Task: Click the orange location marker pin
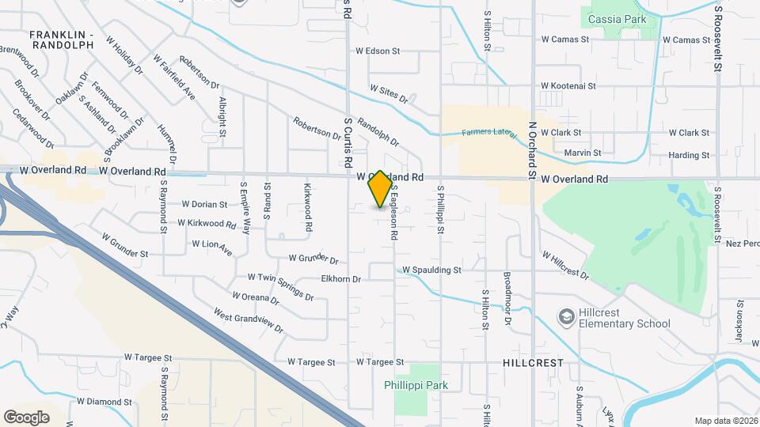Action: click(x=380, y=189)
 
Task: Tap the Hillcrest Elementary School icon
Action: click(x=566, y=317)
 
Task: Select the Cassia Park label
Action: click(x=617, y=20)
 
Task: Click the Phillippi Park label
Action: click(x=416, y=385)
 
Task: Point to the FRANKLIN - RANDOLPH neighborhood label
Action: click(x=61, y=40)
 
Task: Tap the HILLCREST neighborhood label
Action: click(x=533, y=362)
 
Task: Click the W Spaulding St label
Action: click(x=431, y=270)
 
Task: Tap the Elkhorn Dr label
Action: click(x=341, y=279)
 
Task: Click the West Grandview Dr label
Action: click(x=248, y=319)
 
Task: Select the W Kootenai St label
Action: click(x=571, y=85)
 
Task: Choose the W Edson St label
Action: click(x=378, y=51)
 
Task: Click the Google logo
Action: click(x=26, y=417)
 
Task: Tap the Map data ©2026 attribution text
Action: click(x=725, y=421)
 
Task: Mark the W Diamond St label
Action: click(x=104, y=402)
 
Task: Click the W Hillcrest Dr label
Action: click(x=565, y=265)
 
